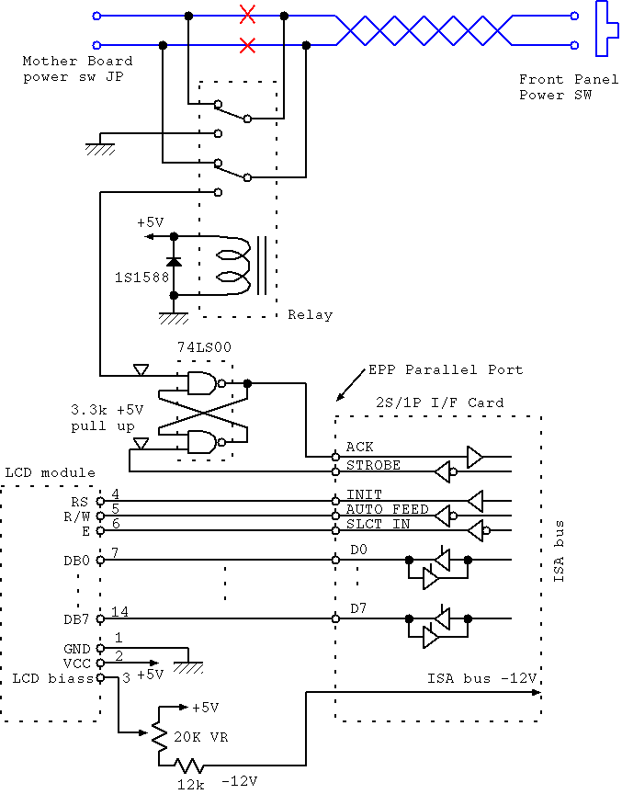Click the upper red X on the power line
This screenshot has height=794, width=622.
[247, 15]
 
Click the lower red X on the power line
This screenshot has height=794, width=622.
[247, 44]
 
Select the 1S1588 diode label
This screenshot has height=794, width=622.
[141, 276]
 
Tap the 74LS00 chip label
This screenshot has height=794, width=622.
[202, 348]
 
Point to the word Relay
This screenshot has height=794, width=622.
[310, 314]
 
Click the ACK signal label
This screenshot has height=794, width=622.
[359, 447]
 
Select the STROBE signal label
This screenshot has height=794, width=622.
[373, 465]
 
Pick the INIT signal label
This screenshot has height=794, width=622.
[363, 494]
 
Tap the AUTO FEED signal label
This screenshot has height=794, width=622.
[387, 509]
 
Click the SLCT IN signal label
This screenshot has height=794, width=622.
[378, 524]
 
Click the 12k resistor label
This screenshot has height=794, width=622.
[190, 783]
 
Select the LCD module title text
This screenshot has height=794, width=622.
[51, 472]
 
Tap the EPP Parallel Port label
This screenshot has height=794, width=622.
[446, 369]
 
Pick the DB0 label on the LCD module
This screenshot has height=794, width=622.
[77, 560]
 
